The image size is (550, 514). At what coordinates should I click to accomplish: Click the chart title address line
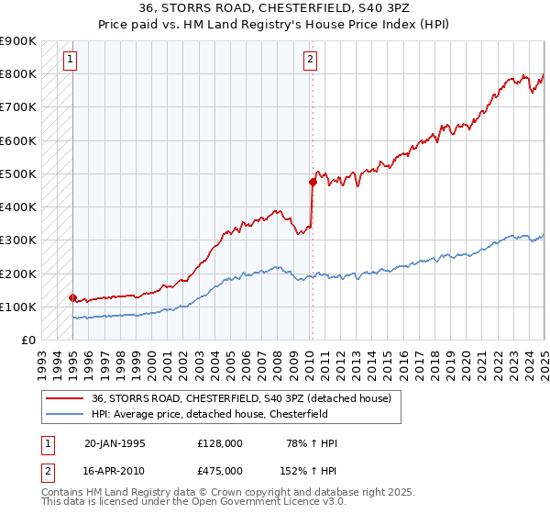pyautogui.click(x=274, y=10)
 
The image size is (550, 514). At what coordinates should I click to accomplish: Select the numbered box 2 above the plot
pyautogui.click(x=310, y=61)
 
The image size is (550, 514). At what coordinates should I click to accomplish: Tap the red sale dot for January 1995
pyautogui.click(x=72, y=297)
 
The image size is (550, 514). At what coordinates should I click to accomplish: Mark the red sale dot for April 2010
pyautogui.click(x=313, y=182)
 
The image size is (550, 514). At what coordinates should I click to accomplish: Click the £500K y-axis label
pyautogui.click(x=19, y=173)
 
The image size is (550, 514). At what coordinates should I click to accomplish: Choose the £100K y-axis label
pyautogui.click(x=19, y=307)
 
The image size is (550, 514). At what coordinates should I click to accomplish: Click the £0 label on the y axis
pyautogui.click(x=28, y=341)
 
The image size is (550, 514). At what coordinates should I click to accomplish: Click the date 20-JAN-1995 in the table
pyautogui.click(x=114, y=443)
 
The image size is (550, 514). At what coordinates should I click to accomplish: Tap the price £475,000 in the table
pyautogui.click(x=219, y=469)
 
